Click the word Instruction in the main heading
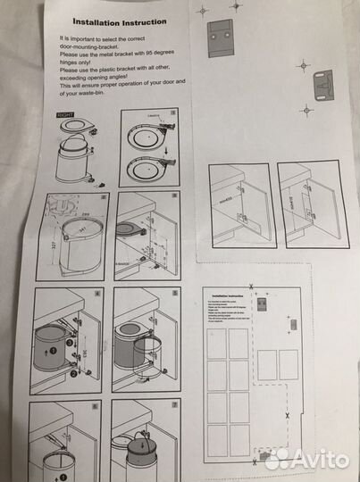(x=142, y=24)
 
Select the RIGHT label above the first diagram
(x=63, y=115)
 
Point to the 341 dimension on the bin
(x=85, y=230)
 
